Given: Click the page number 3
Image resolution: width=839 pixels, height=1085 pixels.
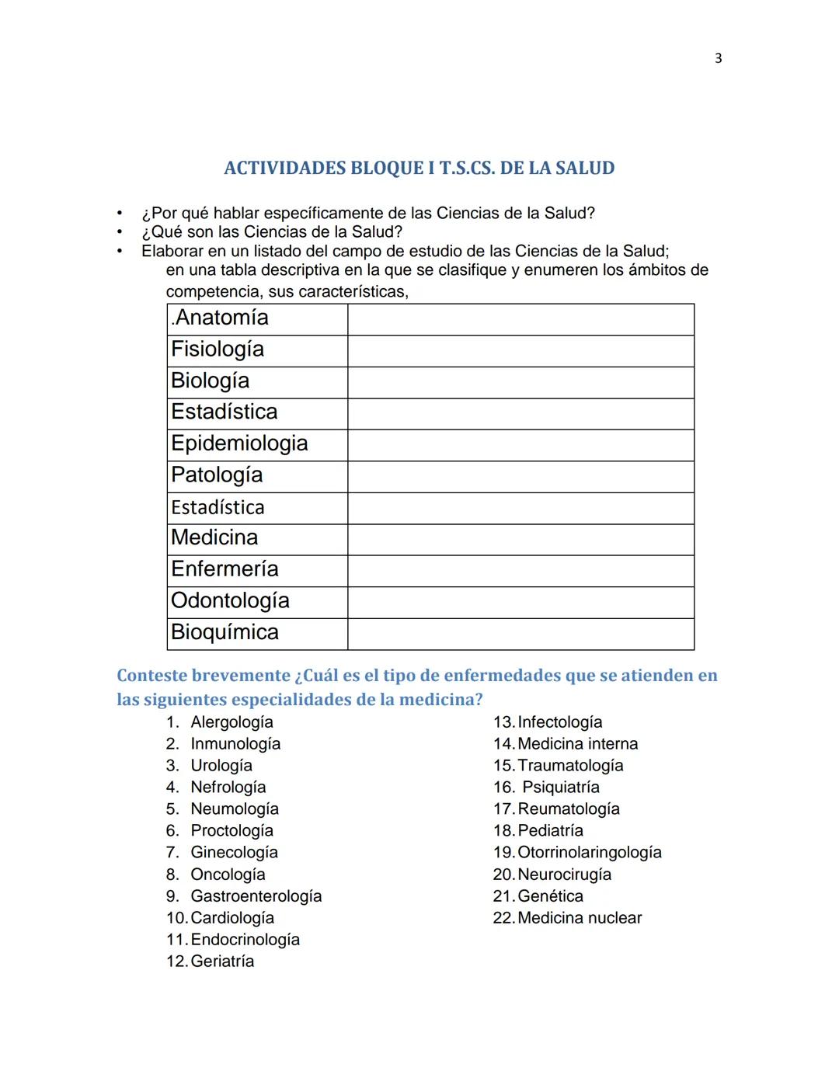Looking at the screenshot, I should click(x=718, y=58).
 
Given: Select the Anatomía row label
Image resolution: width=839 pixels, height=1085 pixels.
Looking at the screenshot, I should click(x=221, y=318).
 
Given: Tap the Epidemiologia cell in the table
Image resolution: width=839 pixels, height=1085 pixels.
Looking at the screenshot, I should click(x=239, y=443).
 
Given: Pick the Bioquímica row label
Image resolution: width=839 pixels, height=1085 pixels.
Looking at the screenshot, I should click(x=225, y=632).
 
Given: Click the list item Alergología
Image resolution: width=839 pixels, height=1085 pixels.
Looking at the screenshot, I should click(x=232, y=722).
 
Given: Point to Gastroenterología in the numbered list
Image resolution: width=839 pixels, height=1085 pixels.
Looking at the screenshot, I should click(x=256, y=896).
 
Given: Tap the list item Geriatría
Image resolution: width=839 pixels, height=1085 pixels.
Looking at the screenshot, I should click(x=222, y=962).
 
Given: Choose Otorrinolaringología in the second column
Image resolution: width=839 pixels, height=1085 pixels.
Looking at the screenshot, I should click(x=589, y=853).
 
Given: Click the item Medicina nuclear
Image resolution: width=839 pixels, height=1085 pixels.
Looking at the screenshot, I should click(x=580, y=918).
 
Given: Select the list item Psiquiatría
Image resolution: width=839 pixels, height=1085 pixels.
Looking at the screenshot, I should click(x=560, y=788).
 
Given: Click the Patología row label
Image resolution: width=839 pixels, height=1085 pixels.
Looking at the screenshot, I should click(x=217, y=475).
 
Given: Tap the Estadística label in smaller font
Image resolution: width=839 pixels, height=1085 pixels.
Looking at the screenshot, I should click(x=218, y=508).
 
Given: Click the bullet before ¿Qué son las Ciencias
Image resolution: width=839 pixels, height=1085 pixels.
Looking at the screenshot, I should click(x=120, y=232).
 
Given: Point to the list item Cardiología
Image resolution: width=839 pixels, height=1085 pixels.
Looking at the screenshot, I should click(x=232, y=918).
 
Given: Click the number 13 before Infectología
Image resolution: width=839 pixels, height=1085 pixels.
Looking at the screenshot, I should click(x=503, y=722).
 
